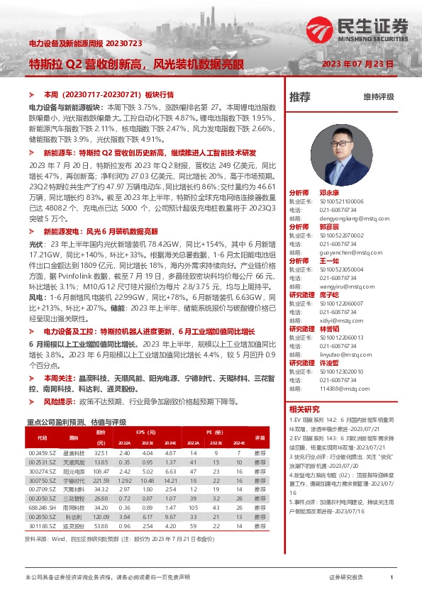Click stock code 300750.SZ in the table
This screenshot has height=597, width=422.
coord(42,481)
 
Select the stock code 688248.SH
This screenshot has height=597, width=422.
coord(42,508)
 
